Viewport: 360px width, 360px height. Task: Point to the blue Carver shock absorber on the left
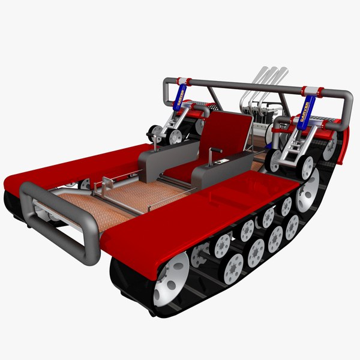pos(179,96)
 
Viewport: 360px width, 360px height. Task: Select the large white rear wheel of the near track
pos(308,191)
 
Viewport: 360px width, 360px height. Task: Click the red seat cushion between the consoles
pos(180,170)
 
